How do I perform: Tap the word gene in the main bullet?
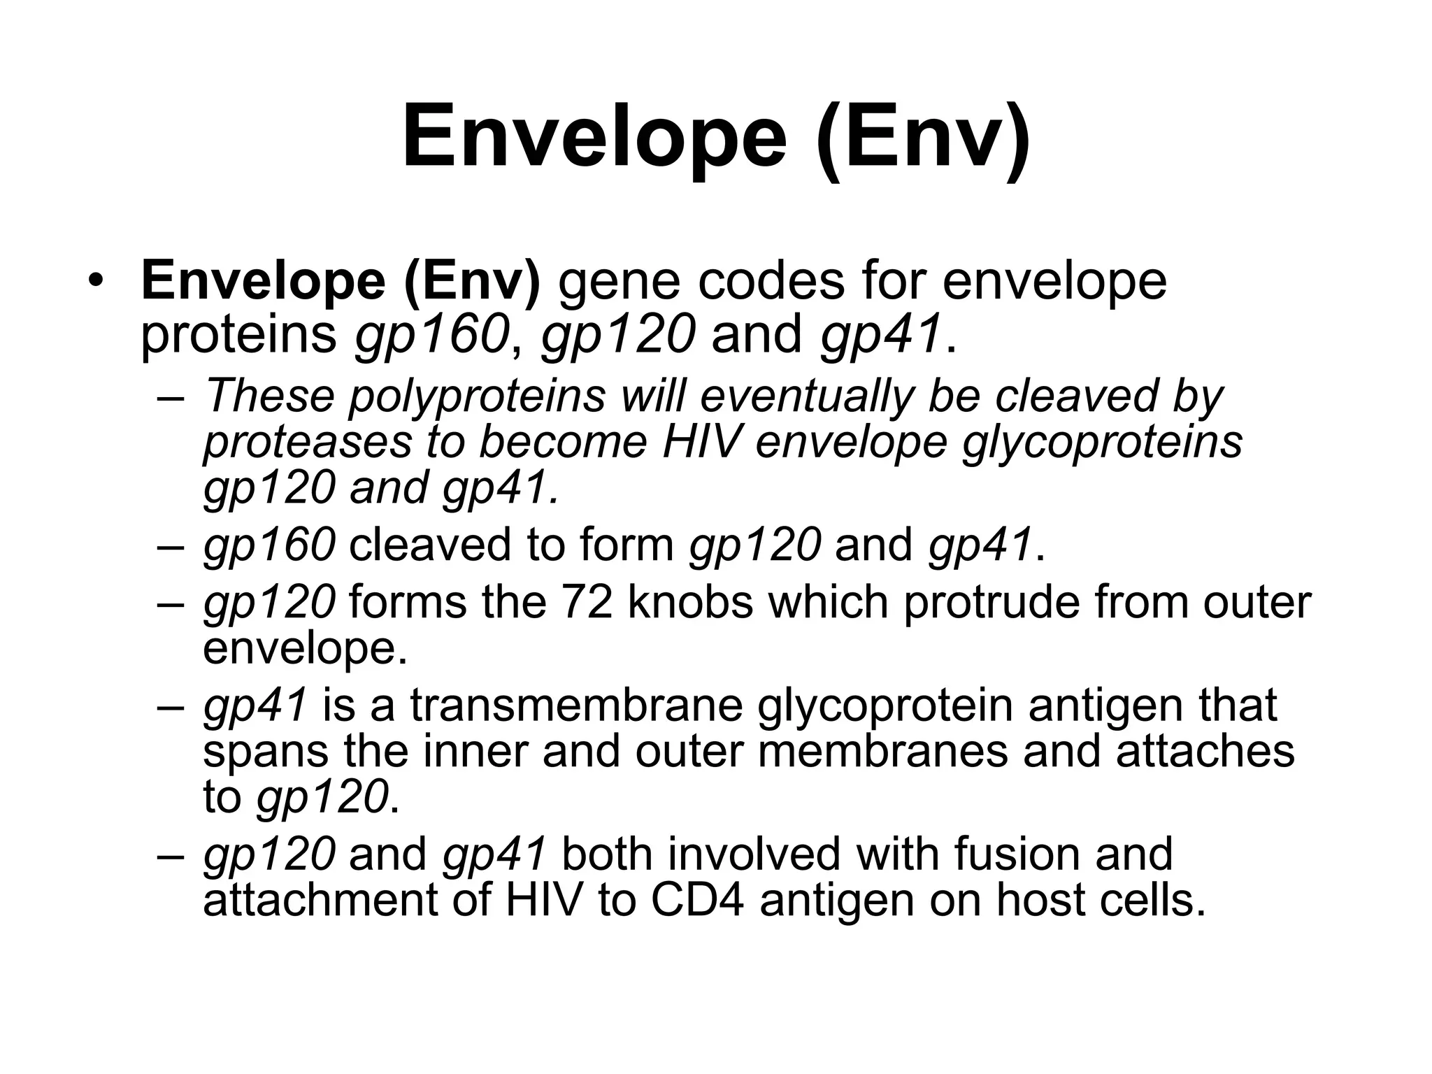pyautogui.click(x=620, y=282)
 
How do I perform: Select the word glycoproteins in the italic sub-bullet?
pyautogui.click(x=1103, y=443)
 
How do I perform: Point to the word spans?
pyautogui.click(x=266, y=752)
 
